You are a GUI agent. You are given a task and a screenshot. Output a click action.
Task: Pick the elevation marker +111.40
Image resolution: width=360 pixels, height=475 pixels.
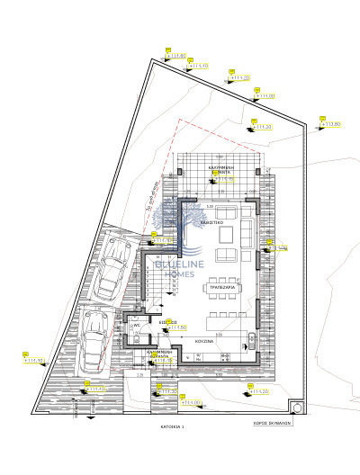pos(199,66)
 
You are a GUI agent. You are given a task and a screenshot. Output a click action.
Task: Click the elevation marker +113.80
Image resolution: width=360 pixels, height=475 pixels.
pos(331,123)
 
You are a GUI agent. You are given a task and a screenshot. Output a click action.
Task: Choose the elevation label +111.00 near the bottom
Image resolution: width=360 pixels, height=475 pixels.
pos(190,402)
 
